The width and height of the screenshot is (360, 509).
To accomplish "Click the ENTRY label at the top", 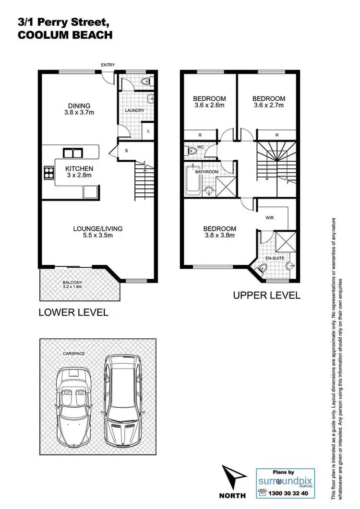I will click(x=108, y=65).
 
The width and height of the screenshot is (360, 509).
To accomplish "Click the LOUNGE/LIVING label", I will click(x=98, y=229).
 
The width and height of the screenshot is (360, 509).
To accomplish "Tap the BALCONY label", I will click(x=72, y=283).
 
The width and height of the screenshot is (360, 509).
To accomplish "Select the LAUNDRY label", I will click(x=135, y=110).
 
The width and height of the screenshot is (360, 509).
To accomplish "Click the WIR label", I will click(x=269, y=217).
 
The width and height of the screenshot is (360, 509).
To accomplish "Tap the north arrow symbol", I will click(x=232, y=478).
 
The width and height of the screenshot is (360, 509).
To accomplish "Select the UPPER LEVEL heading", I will click(x=266, y=295).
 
